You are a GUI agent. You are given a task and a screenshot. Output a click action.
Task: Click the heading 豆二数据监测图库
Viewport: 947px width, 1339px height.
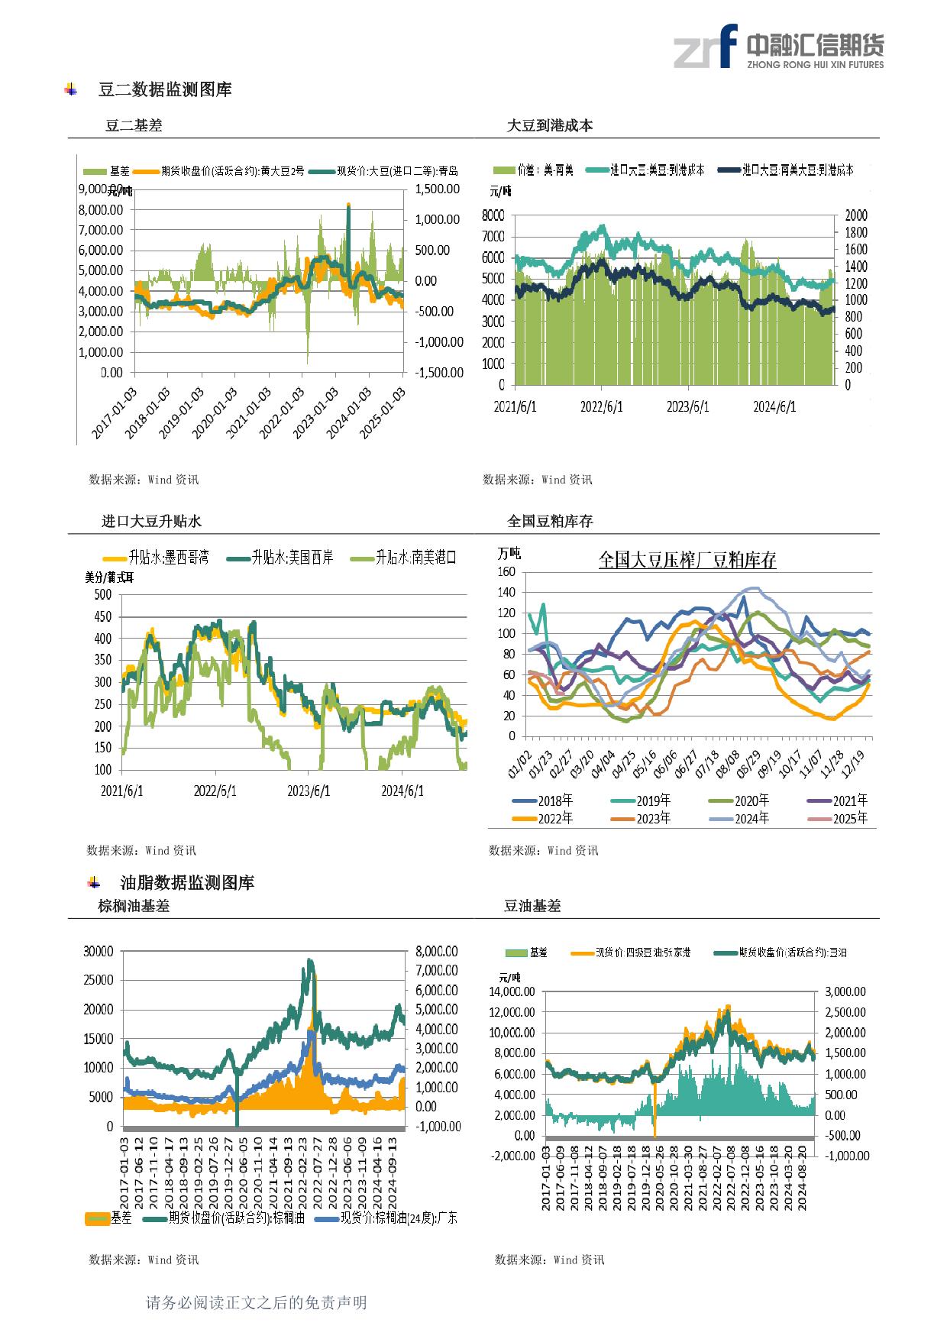point(165,89)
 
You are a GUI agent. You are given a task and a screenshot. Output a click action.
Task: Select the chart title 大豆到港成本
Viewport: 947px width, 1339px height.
point(550,125)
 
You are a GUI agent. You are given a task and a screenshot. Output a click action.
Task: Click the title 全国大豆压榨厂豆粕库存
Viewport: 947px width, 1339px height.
point(687,560)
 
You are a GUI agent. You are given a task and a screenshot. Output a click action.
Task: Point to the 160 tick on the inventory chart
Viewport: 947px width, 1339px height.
point(506,571)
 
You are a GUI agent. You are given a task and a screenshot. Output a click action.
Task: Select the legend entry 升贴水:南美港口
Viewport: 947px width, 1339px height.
point(415,558)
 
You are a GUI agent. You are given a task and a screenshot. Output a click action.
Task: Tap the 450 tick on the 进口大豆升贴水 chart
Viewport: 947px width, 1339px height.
point(102,616)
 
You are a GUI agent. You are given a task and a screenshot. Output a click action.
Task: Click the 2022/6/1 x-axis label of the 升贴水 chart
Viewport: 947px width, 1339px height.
point(215,791)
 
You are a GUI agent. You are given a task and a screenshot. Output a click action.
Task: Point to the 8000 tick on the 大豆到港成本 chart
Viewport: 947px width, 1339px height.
point(493,215)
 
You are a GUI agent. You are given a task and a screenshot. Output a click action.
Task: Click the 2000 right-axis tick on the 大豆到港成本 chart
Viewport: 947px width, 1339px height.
point(856,215)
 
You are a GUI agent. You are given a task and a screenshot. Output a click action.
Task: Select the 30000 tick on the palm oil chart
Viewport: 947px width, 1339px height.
point(99,951)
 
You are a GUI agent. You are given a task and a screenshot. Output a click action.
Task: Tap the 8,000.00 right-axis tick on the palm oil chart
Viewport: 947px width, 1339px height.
point(437,951)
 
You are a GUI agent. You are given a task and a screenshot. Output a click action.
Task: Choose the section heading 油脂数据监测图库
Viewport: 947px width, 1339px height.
point(188,883)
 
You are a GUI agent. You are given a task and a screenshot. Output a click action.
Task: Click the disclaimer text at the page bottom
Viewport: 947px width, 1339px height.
point(256,1302)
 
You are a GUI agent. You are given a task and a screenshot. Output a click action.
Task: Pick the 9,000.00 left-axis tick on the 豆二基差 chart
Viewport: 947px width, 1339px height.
point(101,189)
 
